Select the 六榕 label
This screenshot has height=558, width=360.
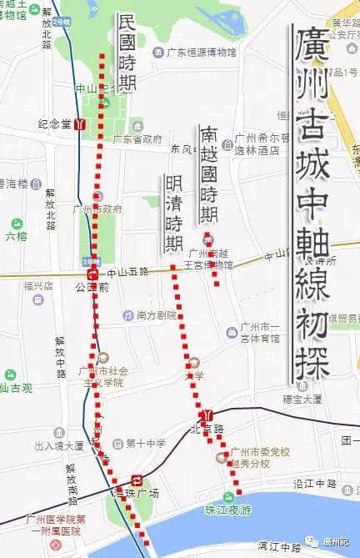[x=16, y=237]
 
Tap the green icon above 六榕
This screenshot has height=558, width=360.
[x=17, y=224]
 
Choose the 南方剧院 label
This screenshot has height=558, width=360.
[x=157, y=316]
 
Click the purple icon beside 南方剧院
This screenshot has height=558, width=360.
[x=127, y=316]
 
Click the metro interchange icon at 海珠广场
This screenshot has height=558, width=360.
[x=137, y=480]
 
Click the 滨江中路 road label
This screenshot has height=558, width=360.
[x=278, y=547]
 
